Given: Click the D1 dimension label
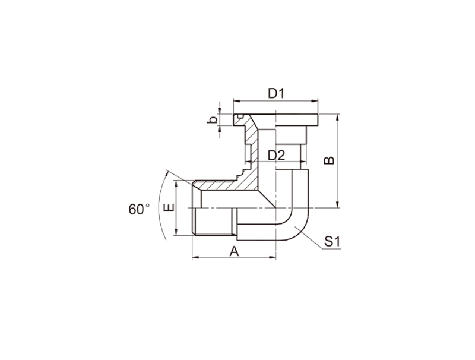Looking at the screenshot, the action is (x=276, y=94).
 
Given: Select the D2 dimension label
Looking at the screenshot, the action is (x=277, y=156).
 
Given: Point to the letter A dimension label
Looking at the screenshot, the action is (x=234, y=251).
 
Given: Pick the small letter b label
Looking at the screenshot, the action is (x=213, y=119).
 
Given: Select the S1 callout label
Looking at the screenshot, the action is (x=332, y=242).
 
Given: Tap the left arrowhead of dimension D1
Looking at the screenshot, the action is (x=236, y=101).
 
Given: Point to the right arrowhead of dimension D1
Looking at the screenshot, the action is (x=315, y=101).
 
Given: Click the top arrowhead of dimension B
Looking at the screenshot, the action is (x=338, y=118).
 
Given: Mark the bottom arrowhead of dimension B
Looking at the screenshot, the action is (x=338, y=204).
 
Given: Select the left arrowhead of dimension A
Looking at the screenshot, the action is (x=195, y=258).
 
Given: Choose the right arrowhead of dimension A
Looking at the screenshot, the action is (x=273, y=258).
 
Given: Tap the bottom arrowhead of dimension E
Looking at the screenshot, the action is (x=176, y=232).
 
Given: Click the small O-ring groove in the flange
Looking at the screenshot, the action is (x=241, y=116).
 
